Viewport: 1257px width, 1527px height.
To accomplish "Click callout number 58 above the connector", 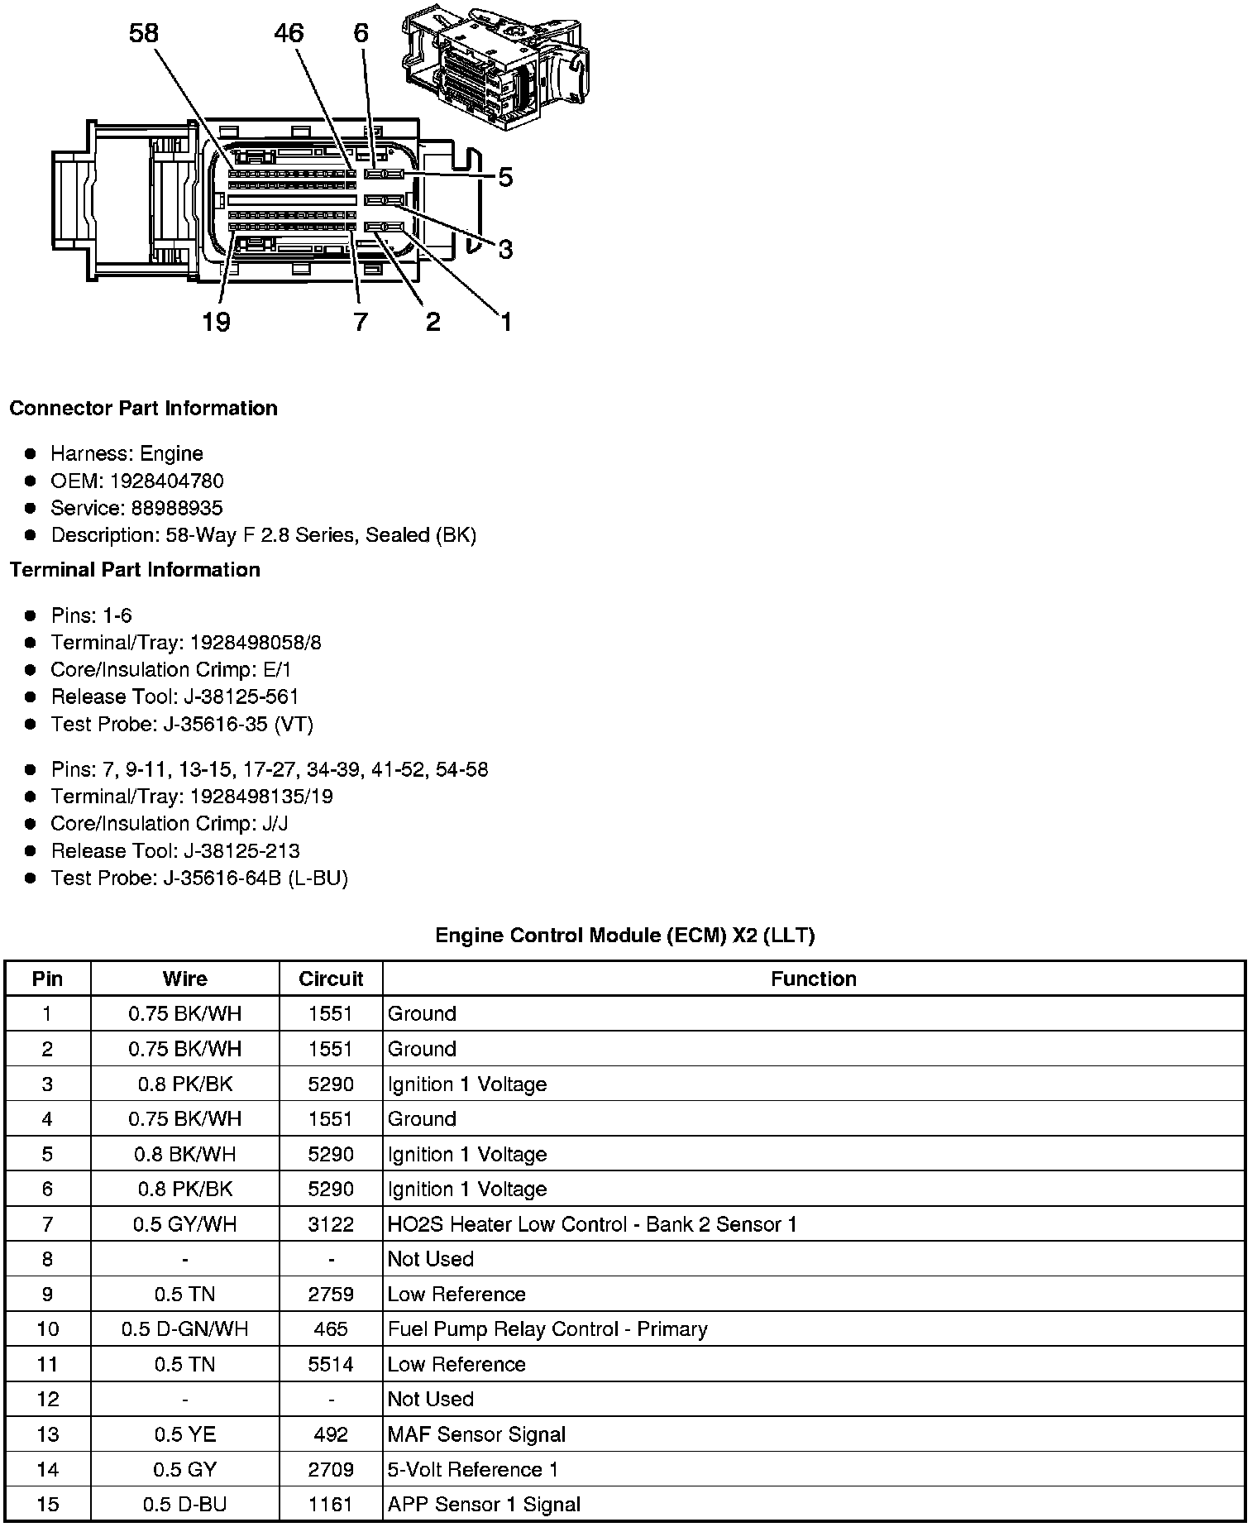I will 143,34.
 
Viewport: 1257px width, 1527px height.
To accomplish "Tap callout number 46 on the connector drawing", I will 289,34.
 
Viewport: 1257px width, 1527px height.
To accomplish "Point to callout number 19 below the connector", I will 216,322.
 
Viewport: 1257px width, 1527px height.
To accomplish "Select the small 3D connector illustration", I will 496,66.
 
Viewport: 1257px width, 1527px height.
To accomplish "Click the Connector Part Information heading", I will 143,409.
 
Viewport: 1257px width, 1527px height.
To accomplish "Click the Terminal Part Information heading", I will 135,570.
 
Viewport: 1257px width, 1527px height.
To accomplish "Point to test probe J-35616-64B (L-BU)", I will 255,878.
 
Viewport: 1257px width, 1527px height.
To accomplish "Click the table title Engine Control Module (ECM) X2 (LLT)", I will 624,936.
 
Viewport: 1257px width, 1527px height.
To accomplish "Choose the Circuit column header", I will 331,979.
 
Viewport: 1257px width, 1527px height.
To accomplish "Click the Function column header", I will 813,979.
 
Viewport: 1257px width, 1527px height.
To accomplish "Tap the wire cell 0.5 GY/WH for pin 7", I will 184,1224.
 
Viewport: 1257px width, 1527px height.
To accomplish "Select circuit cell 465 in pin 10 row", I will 331,1329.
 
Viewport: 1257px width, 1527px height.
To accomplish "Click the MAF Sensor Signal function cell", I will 476,1434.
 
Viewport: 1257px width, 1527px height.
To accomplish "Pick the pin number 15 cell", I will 47,1505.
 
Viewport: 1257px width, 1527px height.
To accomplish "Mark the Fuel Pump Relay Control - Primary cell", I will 547,1329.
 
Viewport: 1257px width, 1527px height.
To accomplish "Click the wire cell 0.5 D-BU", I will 184,1505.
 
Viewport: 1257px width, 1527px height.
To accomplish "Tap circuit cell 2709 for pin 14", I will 331,1470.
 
